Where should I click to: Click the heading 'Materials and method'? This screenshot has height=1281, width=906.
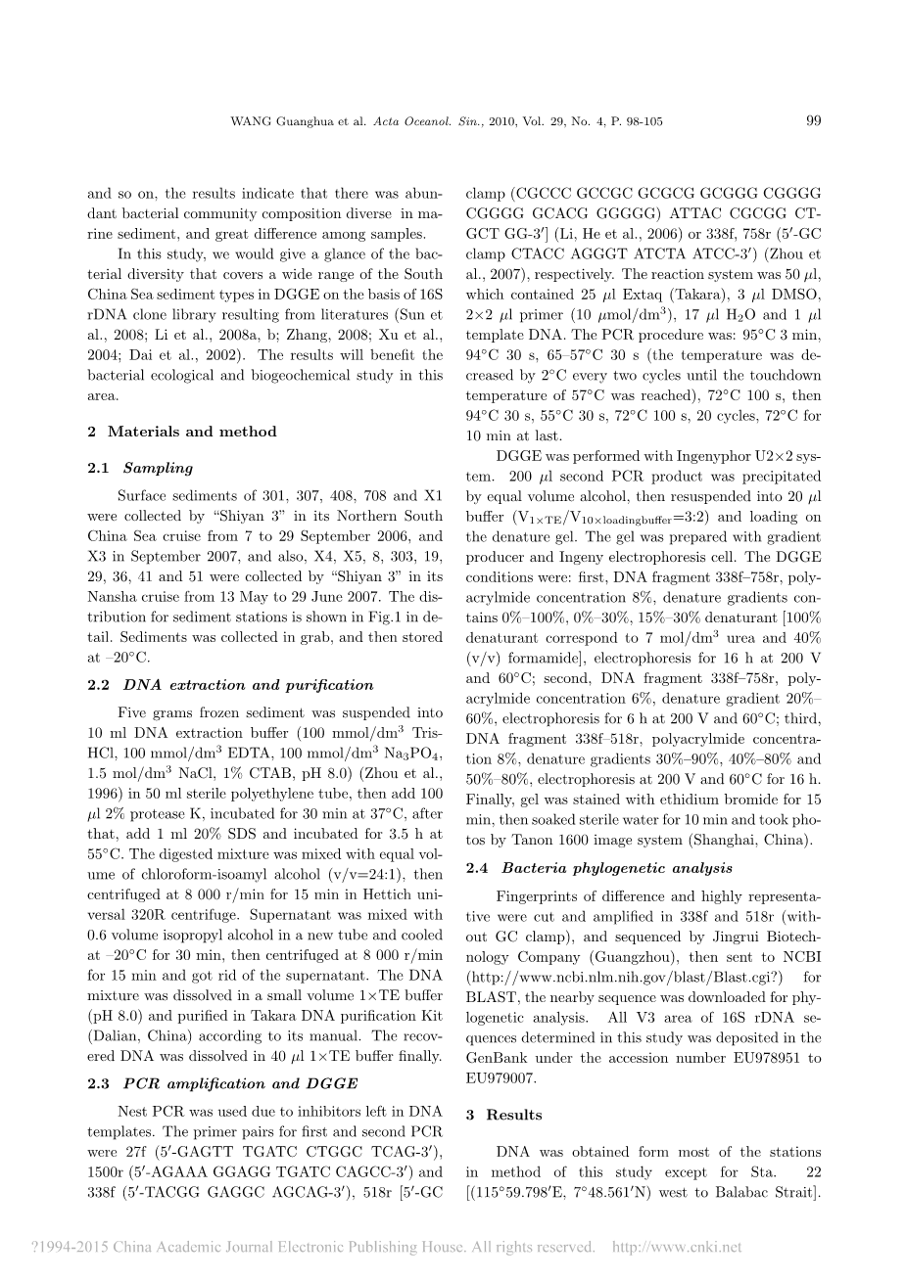[192, 432]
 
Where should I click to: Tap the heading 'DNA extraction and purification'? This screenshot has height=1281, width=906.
[248, 685]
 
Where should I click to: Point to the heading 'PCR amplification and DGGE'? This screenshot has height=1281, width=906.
[240, 1083]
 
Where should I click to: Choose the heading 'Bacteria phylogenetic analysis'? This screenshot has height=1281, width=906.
[617, 868]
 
